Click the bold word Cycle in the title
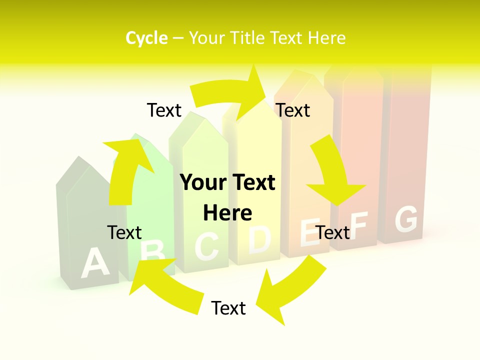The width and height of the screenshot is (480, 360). click(x=146, y=38)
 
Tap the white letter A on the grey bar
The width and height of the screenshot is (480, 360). click(x=94, y=263)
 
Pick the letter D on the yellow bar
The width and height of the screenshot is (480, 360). click(x=259, y=238)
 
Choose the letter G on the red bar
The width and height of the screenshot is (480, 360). click(x=406, y=219)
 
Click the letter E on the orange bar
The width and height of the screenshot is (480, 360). click(x=309, y=232)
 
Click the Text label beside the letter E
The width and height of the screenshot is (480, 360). click(x=333, y=232)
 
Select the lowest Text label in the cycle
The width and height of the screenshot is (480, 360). click(x=228, y=308)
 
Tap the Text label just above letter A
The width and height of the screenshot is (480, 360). click(x=124, y=232)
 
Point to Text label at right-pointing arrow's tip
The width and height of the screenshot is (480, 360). click(x=293, y=110)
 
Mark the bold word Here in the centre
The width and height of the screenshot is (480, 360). click(x=227, y=213)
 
